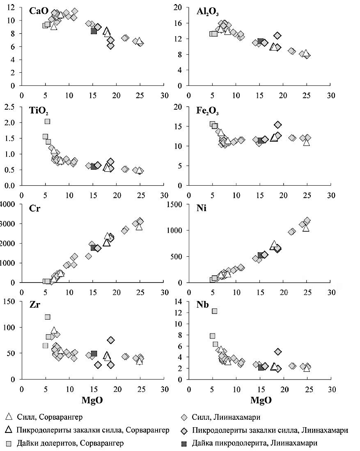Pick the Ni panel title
coord(202,209)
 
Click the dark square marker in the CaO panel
coord(94,31)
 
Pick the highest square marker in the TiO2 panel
coord(47,121)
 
